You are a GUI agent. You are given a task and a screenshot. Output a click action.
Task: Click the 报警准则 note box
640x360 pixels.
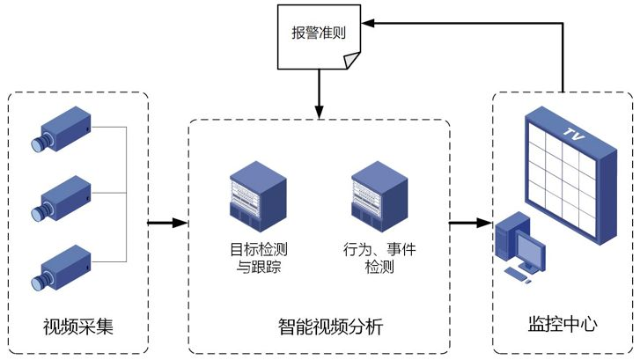click(319, 37)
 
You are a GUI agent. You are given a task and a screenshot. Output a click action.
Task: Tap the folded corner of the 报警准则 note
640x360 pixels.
click(352, 61)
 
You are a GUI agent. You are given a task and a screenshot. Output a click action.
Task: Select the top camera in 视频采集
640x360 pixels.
click(62, 129)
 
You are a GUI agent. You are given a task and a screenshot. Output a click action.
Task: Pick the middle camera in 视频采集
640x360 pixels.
click(62, 198)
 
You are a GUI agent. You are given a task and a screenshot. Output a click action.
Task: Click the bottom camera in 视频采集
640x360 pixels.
click(62, 268)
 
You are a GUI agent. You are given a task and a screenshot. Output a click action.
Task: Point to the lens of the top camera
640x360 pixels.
click(40, 143)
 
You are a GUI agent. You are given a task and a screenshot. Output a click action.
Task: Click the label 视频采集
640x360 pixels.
click(78, 327)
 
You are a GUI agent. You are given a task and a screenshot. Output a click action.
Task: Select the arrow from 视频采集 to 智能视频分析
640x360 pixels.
click(167, 223)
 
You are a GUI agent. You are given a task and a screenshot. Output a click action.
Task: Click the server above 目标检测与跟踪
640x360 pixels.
click(258, 196)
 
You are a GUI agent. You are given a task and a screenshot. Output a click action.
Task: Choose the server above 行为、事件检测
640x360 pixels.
click(379, 196)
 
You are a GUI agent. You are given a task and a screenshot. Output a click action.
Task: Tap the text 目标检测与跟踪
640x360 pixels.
click(259, 258)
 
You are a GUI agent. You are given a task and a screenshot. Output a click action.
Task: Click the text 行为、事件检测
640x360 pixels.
click(379, 258)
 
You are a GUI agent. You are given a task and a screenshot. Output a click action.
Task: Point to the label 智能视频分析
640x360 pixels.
click(331, 327)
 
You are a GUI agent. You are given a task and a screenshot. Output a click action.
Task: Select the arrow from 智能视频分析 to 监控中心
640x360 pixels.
click(471, 223)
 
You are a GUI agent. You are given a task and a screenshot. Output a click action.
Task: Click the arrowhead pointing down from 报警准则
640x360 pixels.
click(320, 113)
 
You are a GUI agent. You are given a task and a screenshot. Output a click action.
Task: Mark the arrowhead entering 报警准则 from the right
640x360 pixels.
click(368, 23)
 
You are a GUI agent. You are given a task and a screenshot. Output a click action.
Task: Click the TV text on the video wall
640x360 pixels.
click(574, 134)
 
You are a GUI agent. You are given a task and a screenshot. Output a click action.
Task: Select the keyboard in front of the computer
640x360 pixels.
click(516, 275)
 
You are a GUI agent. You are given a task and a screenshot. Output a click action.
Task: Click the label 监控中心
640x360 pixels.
click(563, 324)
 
